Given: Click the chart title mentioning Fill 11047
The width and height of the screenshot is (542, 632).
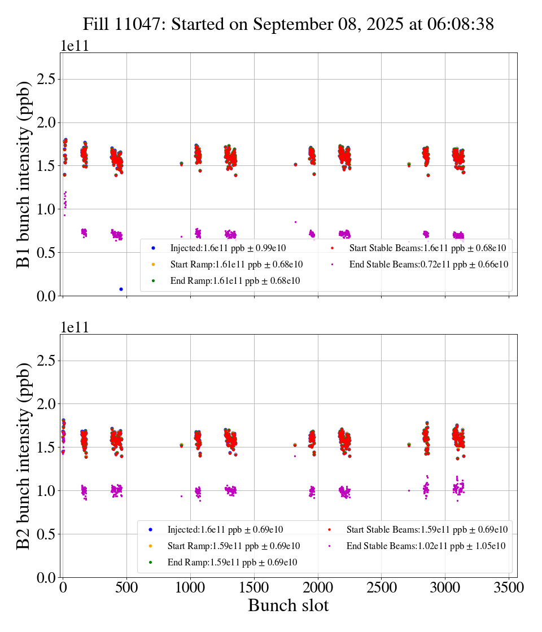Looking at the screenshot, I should point(288,24).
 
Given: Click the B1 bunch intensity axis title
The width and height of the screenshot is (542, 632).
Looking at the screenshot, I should point(24,174).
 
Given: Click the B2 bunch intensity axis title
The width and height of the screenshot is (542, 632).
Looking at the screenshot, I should point(24,456).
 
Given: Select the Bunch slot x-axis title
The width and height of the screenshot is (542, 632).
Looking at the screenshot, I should point(288,606).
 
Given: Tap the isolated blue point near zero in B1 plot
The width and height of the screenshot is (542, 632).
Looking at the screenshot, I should point(121,289).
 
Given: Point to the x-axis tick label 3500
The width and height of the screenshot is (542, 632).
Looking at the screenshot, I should point(509,588).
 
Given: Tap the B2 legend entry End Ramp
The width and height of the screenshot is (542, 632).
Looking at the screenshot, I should point(232,563).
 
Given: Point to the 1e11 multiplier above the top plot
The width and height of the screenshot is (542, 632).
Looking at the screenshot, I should point(75,46).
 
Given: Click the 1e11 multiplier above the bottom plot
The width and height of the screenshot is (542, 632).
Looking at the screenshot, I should point(75,327).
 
